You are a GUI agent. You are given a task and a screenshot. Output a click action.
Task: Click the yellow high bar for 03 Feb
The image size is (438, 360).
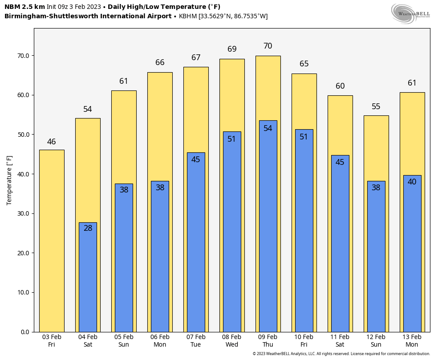pos(52,241)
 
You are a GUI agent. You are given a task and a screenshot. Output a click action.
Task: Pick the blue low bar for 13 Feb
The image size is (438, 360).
pos(412,254)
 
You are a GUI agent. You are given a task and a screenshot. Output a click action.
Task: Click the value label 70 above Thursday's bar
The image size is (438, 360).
pos(268,46)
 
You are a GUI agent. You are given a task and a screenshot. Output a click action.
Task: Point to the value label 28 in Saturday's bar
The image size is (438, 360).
pos(88,228)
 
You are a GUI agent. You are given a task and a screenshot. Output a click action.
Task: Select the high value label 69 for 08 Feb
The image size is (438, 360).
pos(232,49)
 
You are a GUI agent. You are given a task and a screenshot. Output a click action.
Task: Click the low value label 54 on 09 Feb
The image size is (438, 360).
pos(268,128)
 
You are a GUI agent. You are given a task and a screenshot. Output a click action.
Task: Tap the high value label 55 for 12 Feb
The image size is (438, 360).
pos(376,106)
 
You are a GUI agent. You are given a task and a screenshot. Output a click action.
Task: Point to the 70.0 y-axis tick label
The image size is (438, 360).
pos(24,56)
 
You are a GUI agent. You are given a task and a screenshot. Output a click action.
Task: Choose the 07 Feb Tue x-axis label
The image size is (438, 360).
pos(196,341)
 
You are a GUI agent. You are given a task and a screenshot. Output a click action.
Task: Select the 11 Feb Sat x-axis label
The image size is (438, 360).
pos(340,341)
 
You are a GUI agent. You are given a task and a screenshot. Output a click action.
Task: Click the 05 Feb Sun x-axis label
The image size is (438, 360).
pos(124,341)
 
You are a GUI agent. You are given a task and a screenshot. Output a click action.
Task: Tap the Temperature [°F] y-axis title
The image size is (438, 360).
pos(10,180)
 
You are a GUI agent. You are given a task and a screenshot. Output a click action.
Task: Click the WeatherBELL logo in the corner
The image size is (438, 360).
pos(410,13)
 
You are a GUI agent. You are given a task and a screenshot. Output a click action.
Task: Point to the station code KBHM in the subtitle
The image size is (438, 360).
pos(187,16)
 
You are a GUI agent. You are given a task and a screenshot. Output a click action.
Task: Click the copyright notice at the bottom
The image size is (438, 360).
pos(341,354)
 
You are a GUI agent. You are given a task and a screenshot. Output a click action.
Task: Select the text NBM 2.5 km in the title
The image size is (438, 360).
pos(24,7)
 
